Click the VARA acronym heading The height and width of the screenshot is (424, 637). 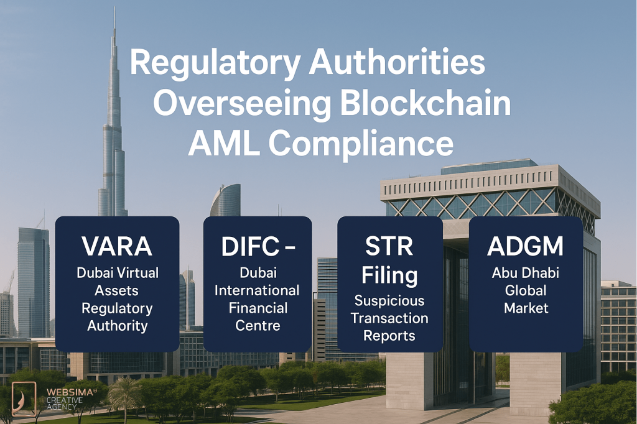117,247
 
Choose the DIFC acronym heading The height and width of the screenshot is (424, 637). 247,247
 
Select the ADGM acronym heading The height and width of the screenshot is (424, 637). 526,247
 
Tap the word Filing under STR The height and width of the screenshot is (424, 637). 389,275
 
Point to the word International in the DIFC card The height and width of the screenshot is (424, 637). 258,290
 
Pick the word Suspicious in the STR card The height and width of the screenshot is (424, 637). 389,301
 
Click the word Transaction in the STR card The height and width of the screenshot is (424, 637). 389,318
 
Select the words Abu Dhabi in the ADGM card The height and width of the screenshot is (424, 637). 526,273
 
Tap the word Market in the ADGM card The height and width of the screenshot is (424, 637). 526,308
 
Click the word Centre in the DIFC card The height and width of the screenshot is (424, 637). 258,325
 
